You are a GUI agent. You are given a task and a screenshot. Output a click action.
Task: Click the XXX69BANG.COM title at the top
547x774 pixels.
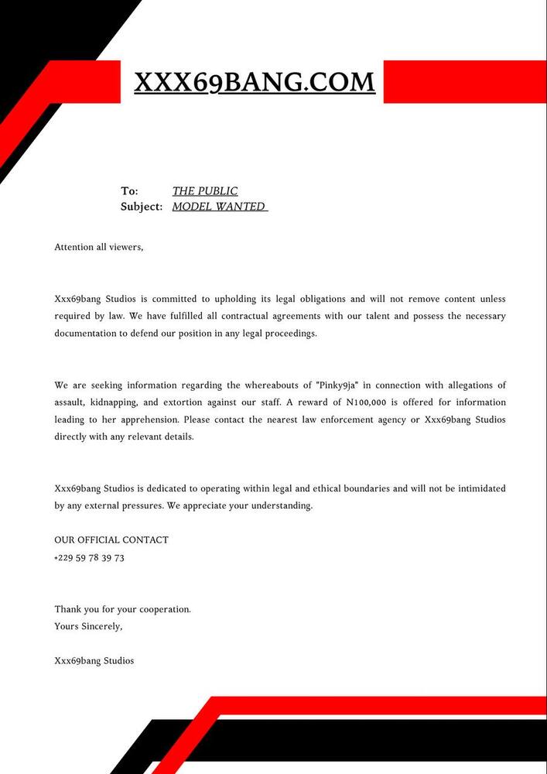[255, 82]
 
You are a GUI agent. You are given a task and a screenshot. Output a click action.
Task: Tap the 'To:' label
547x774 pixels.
[129, 191]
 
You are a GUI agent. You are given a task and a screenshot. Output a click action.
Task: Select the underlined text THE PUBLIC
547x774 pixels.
[205, 191]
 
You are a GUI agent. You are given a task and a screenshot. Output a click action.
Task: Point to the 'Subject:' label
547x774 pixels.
[142, 207]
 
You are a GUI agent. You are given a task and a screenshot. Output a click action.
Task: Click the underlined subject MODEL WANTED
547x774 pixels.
[219, 207]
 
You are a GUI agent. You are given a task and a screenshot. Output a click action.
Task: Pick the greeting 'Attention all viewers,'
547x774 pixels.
[99, 248]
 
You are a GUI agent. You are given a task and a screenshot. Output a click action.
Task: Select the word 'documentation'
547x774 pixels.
[87, 333]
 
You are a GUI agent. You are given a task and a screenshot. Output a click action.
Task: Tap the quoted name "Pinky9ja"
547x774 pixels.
[335, 385]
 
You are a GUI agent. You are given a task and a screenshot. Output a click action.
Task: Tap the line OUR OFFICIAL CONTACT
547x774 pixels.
[111, 540]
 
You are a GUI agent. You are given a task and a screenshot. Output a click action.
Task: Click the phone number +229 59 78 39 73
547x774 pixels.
[89, 558]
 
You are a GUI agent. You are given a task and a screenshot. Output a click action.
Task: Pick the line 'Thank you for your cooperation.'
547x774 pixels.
[122, 609]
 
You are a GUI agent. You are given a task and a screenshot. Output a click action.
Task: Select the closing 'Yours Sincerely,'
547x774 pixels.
[88, 626]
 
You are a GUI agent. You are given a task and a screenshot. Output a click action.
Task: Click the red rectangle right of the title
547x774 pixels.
[464, 81]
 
